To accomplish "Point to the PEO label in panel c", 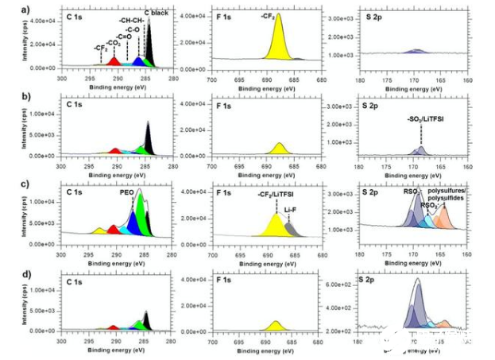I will [127, 192].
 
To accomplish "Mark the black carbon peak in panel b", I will [148, 139].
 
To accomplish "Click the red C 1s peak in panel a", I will [114, 61].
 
